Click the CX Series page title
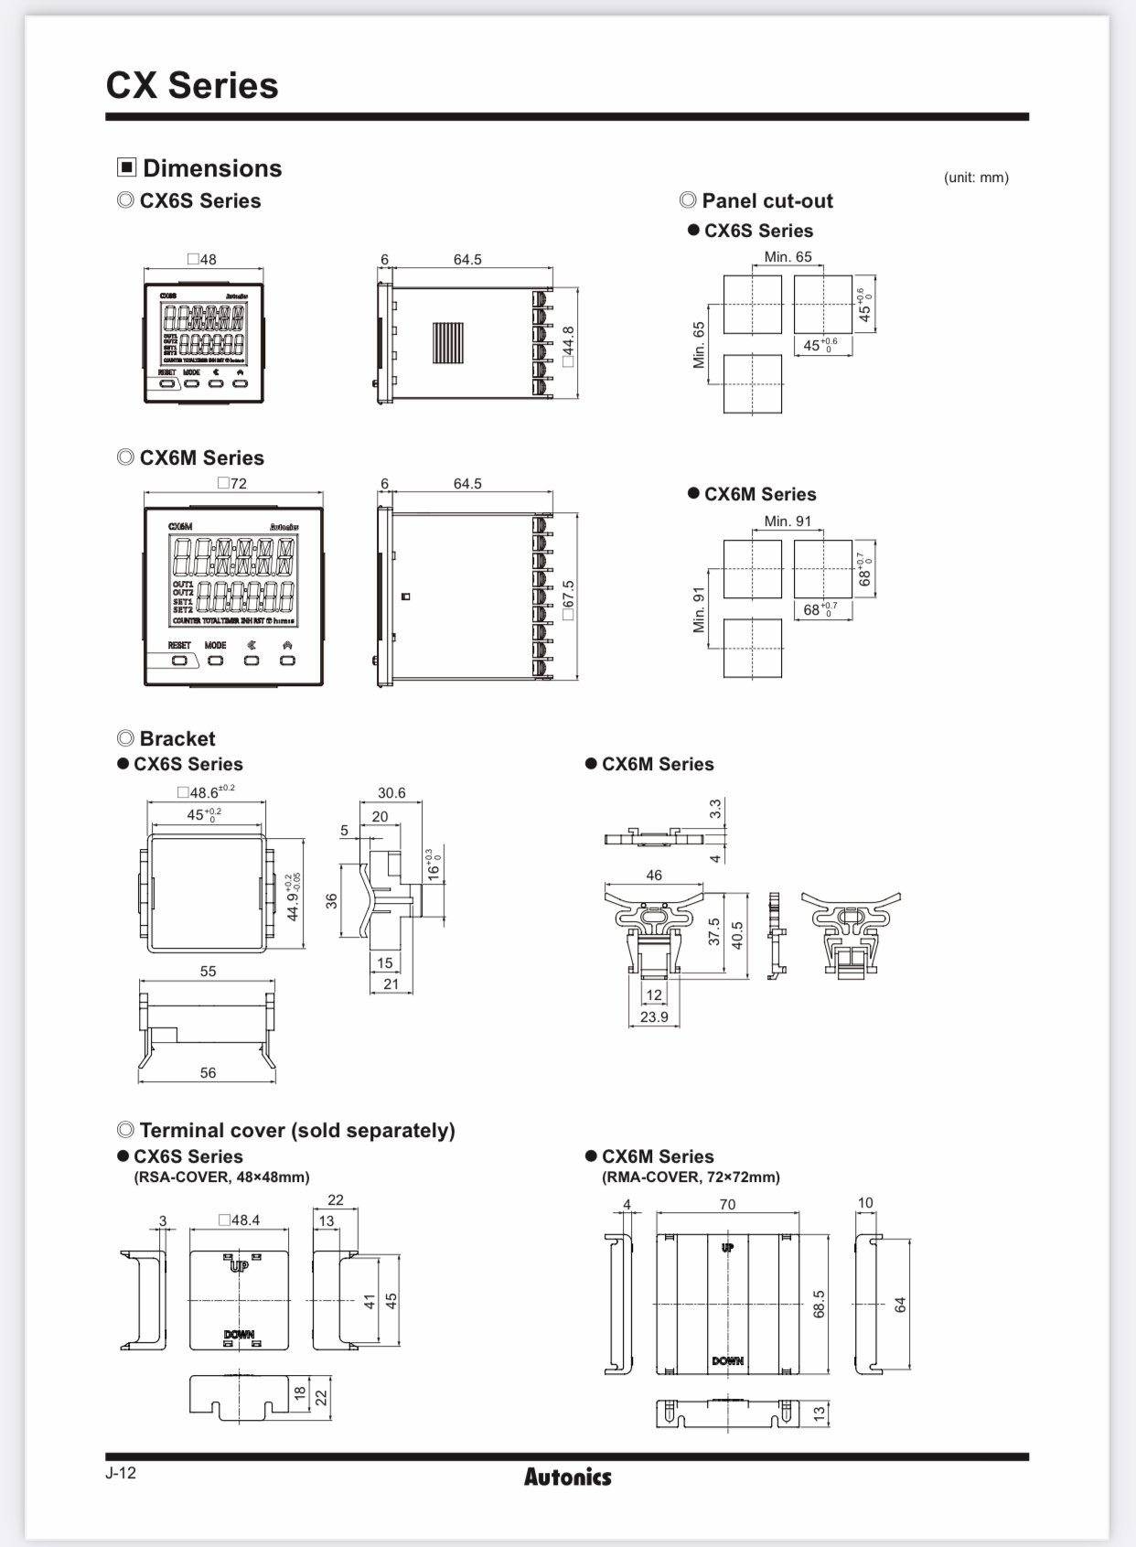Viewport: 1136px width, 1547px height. pos(192,85)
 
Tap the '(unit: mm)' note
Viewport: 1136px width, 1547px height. pos(976,177)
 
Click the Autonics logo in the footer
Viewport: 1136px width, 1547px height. pos(567,1477)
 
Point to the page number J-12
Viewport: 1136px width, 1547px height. pos(121,1472)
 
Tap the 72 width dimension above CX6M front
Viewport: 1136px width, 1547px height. pos(233,483)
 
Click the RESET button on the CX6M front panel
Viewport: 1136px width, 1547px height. pos(180,660)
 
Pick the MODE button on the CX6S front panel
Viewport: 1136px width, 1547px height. pos(192,383)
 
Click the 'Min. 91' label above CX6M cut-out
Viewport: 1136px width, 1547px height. pos(788,521)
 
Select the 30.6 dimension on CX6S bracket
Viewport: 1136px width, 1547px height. pos(391,792)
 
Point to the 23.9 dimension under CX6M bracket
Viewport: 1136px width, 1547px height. pos(654,1016)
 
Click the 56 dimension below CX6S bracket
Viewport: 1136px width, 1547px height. pos(208,1072)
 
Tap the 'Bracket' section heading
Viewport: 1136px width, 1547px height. pos(177,738)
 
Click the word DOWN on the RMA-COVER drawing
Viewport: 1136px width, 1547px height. pos(727,1361)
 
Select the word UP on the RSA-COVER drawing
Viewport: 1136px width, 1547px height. pos(239,1266)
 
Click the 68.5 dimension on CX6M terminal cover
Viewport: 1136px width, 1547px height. pos(819,1304)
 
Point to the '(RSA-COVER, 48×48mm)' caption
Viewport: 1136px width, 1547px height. pos(222,1176)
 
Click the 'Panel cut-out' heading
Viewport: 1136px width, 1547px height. pos(766,200)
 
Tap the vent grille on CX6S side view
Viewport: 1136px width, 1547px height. pos(448,344)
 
